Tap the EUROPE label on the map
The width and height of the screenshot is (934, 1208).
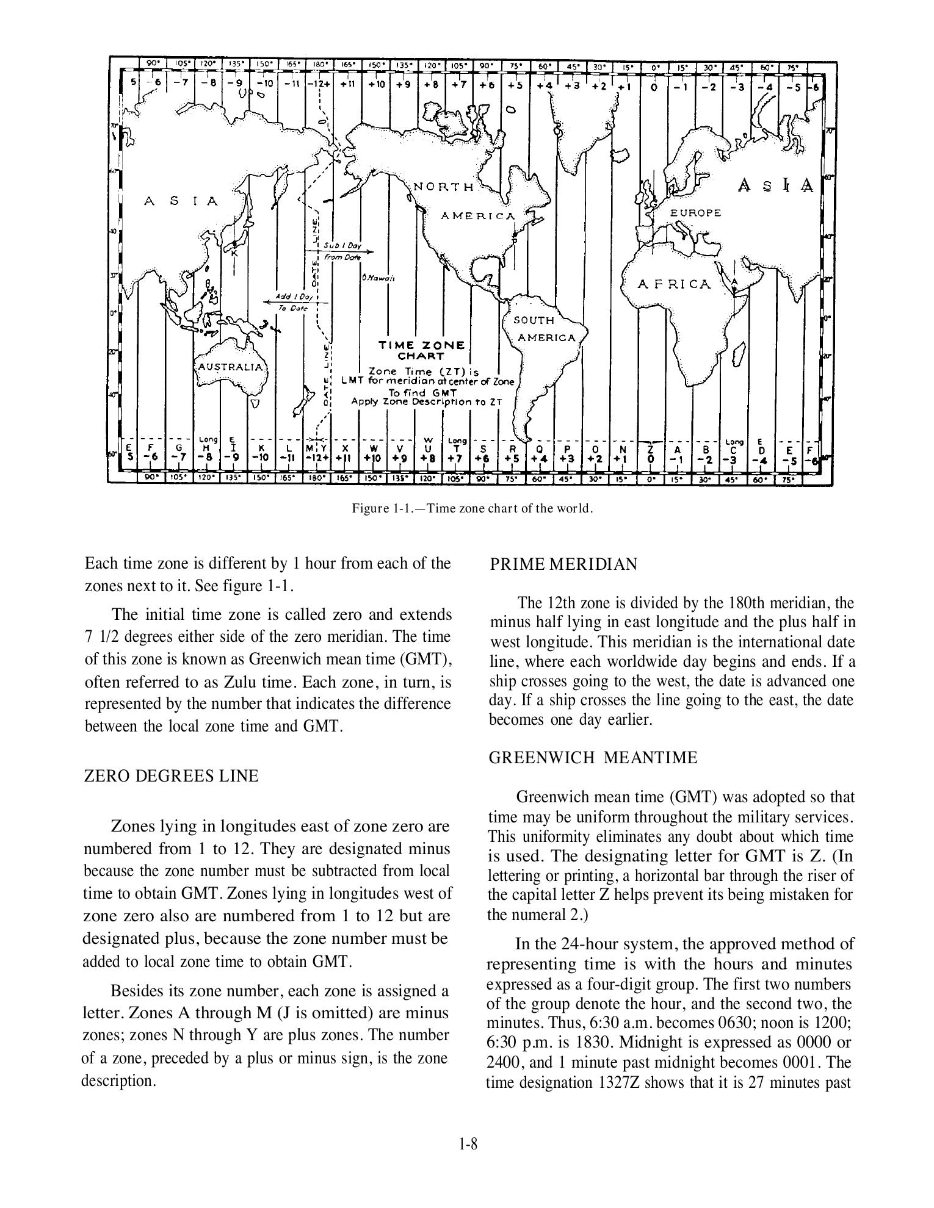point(695,213)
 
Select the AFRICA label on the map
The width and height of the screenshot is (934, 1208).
point(674,284)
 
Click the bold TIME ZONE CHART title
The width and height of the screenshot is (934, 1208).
point(421,350)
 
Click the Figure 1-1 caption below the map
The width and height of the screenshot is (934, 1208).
point(472,508)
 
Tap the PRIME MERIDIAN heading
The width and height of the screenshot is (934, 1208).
point(563,564)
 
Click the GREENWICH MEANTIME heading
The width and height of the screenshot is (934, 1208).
point(592,758)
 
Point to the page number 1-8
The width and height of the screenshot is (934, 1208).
point(468,1145)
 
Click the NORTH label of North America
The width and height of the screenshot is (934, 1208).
point(444,187)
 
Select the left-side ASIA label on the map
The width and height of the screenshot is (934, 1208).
point(181,201)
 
